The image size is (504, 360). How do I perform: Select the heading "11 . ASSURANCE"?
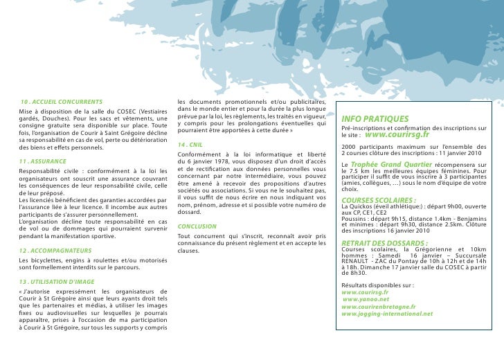click(x=43, y=161)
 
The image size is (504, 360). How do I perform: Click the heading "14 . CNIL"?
click(x=191, y=144)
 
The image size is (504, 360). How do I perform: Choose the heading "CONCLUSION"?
click(x=197, y=226)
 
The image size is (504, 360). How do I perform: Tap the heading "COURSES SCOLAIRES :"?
click(x=378, y=199)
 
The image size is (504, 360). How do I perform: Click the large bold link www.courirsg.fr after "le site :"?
click(x=402, y=135)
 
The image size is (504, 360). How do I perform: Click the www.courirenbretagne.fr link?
click(x=378, y=306)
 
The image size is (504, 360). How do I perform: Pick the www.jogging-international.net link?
click(x=387, y=314)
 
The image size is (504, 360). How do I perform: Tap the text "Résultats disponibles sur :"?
click(x=377, y=285)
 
